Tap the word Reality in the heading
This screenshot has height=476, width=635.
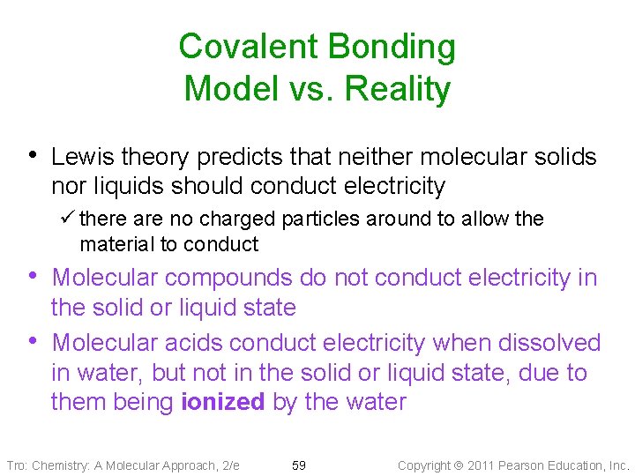point(398,89)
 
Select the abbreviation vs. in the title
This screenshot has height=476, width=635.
point(310,89)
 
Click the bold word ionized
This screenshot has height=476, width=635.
point(222,403)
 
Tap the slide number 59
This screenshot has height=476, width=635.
point(299,465)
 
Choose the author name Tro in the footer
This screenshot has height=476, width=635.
point(17,465)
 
